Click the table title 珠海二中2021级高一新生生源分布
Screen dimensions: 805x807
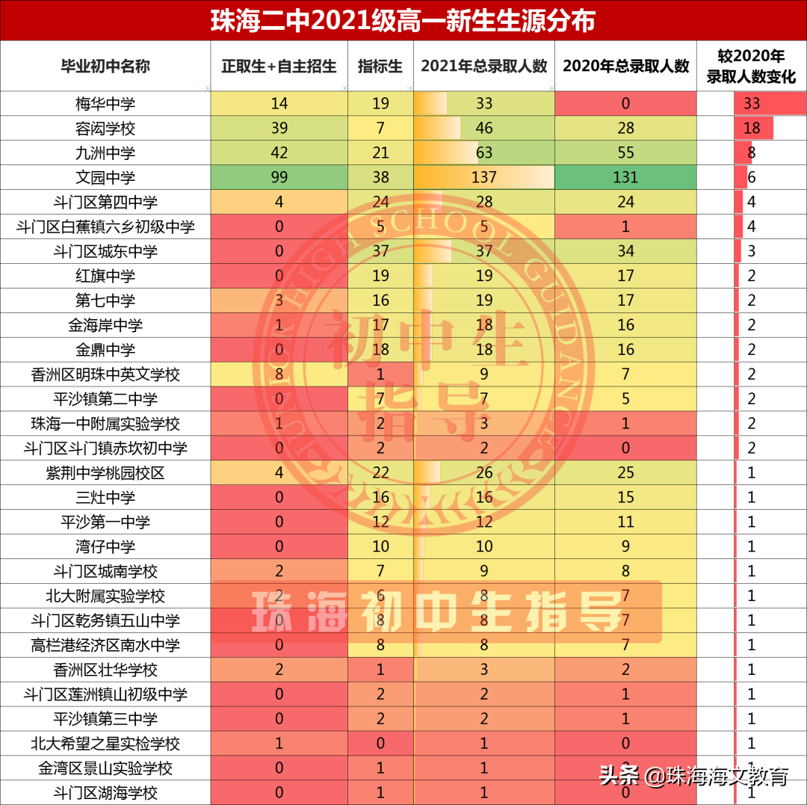click(403, 20)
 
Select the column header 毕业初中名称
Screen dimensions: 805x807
click(105, 67)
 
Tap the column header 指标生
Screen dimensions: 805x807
click(380, 67)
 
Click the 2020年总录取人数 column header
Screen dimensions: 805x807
click(625, 67)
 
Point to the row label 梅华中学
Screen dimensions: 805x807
click(105, 104)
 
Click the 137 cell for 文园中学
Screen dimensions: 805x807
click(484, 178)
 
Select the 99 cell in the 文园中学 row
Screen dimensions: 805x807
click(279, 178)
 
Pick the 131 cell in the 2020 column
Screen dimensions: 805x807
click(625, 178)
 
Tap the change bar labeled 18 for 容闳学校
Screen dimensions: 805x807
click(753, 129)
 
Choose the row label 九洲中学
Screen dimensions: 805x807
click(105, 153)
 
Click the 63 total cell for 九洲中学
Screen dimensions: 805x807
click(484, 153)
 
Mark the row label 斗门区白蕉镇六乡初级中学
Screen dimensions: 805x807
click(105, 227)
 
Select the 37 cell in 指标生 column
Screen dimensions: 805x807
click(380, 252)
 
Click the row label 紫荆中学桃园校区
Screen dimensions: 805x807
click(105, 473)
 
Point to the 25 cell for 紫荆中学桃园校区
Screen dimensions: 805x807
click(625, 473)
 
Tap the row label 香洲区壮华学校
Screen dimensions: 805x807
click(105, 670)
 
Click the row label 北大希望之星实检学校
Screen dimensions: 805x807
click(105, 744)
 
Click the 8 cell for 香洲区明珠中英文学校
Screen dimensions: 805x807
click(279, 374)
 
